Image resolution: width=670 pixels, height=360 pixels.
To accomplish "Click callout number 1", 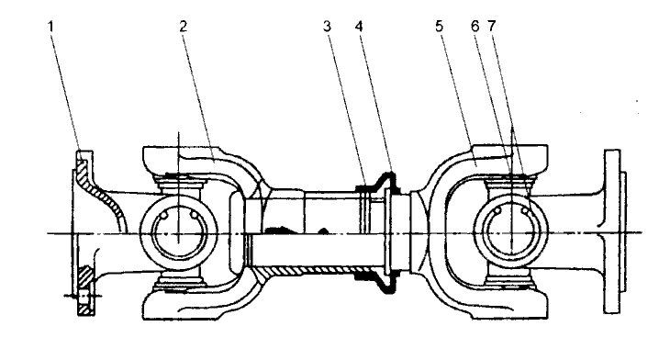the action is coord(50,27).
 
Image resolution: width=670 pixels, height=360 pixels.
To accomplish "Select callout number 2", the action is coord(184,27).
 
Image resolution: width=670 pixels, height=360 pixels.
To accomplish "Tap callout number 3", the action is coord(327,27).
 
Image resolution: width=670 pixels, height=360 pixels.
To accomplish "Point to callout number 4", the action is coord(359,27).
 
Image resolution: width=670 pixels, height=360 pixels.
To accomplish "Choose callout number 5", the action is coord(440,27).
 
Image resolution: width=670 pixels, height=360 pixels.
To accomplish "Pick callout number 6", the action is coord(475,27).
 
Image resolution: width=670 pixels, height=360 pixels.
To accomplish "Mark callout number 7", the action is coord(491,27).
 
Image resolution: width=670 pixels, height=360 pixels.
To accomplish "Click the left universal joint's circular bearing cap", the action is coord(179,233).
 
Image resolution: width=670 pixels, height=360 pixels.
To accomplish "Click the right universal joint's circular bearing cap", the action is coord(511,233).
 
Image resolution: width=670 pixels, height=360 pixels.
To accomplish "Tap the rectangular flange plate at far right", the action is coord(612,231).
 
